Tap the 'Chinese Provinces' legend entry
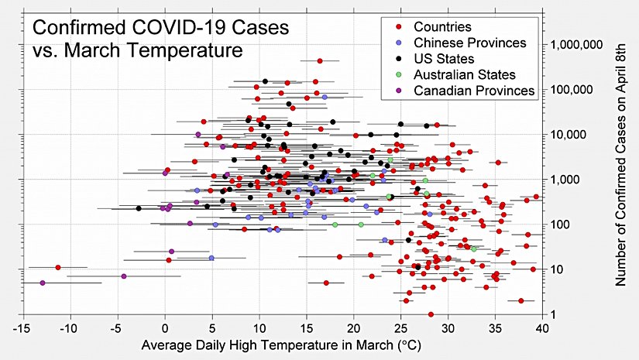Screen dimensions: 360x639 pyautogui.click(x=470, y=43)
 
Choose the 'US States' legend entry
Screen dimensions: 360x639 pyautogui.click(x=444, y=59)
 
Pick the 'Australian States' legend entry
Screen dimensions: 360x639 pyautogui.click(x=464, y=74)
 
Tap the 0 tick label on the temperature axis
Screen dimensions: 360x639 pyautogui.click(x=165, y=327)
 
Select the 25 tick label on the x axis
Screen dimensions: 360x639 pyautogui.click(x=401, y=327)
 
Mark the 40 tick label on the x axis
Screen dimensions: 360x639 pyautogui.click(x=542, y=327)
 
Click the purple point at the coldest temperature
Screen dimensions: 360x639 pyautogui.click(x=43, y=283)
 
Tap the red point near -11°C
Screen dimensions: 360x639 pyautogui.click(x=58, y=267)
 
